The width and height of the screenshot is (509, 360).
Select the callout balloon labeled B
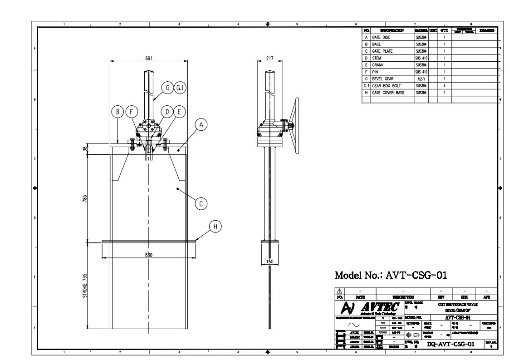click(x=117, y=112)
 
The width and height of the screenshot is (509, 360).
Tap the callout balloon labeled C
click(x=201, y=204)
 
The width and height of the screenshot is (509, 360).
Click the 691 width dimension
click(x=149, y=58)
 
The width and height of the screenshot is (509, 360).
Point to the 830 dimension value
click(x=149, y=255)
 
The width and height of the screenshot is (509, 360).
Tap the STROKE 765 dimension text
click(x=85, y=286)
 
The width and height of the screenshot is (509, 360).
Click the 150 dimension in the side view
click(x=269, y=262)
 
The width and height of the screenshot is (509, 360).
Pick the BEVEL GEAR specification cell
click(x=382, y=79)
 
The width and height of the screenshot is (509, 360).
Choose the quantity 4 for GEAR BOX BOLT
click(x=445, y=86)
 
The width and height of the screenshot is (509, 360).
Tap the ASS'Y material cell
click(x=421, y=79)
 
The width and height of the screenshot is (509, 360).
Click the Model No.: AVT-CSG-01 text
click(x=391, y=275)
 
